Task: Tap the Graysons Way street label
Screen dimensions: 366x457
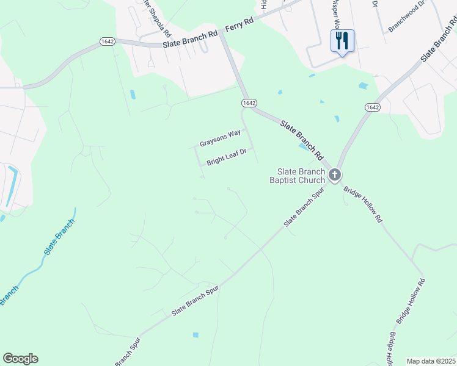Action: (x=220, y=138)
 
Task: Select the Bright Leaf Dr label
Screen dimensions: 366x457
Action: (x=226, y=157)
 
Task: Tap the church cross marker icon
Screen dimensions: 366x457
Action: (x=334, y=176)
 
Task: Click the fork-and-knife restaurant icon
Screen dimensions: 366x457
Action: (x=342, y=41)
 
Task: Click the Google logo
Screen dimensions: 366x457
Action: (x=20, y=359)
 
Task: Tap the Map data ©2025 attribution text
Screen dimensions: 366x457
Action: (x=431, y=361)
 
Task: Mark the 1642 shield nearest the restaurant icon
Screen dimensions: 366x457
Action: (x=373, y=107)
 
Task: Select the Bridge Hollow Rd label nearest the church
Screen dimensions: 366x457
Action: (x=363, y=205)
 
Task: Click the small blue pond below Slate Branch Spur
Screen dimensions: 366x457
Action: (x=195, y=334)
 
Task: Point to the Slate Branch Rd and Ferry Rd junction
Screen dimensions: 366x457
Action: (x=222, y=33)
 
